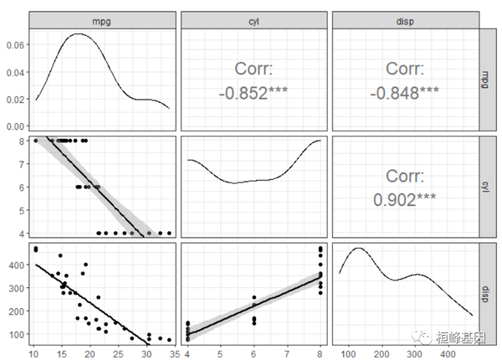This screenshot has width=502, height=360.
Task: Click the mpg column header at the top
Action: [x=102, y=20]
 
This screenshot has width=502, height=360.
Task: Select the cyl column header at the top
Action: [x=253, y=20]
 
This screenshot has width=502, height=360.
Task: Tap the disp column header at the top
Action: [x=403, y=20]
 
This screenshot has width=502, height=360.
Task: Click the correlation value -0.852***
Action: [x=253, y=92]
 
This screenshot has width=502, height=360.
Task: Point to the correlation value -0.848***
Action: [x=404, y=92]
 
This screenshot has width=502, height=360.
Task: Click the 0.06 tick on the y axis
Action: [x=14, y=45]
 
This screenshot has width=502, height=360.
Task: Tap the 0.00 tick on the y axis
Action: [x=14, y=126]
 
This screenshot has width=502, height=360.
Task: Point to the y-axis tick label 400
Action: [x=17, y=265]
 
